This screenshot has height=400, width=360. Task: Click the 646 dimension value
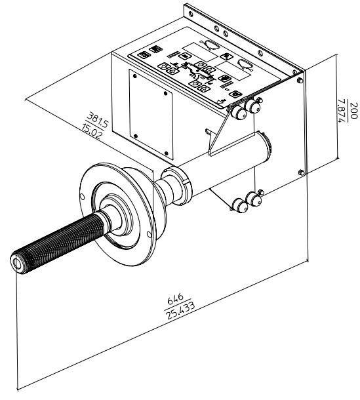click(175, 299)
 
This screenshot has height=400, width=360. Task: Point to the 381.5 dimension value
click(98, 119)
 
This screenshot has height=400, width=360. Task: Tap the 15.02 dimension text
click(92, 130)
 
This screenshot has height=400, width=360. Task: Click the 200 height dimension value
click(353, 110)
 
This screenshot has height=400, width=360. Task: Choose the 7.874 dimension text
click(342, 111)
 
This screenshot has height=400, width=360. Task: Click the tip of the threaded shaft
click(17, 263)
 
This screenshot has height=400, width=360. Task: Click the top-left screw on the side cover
click(134, 76)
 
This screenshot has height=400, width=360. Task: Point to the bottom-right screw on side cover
click(167, 153)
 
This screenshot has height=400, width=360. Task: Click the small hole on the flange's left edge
click(82, 197)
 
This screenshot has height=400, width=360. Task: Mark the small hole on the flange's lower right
click(149, 235)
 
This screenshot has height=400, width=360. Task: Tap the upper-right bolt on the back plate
click(300, 80)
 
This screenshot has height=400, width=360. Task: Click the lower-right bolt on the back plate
click(301, 172)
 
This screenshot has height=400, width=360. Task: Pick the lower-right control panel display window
click(233, 71)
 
